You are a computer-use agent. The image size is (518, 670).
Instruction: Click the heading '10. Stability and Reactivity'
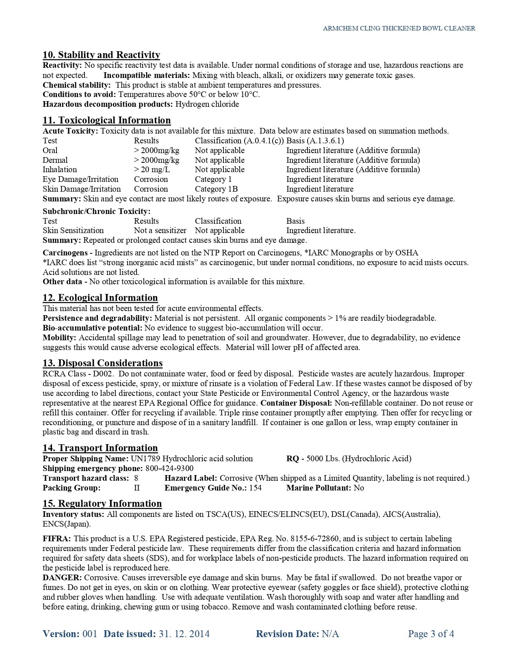101,55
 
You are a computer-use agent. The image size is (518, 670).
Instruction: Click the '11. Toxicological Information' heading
106,120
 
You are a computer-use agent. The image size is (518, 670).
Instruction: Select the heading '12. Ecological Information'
100,298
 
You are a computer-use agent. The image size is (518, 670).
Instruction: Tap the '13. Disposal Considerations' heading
102,363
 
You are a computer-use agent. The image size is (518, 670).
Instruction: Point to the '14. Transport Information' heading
100,448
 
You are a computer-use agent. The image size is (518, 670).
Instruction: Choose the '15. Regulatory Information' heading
102,504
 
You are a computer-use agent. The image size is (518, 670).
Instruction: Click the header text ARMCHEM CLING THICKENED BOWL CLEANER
399,28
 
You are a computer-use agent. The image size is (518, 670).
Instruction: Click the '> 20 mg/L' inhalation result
152,170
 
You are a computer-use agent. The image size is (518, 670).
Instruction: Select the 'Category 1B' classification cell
216,189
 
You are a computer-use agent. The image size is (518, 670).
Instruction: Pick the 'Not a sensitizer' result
160,231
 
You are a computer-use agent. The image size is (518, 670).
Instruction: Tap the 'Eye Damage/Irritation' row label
80,179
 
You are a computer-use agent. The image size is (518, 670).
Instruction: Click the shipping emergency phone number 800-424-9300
169,469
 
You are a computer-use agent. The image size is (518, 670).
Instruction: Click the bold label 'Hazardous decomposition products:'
108,104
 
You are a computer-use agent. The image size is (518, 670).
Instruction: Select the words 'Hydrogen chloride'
207,104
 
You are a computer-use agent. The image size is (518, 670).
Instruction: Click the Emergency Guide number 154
255,488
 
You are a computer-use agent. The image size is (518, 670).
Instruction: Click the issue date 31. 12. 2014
184,634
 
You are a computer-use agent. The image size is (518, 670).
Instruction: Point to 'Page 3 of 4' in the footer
431,634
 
